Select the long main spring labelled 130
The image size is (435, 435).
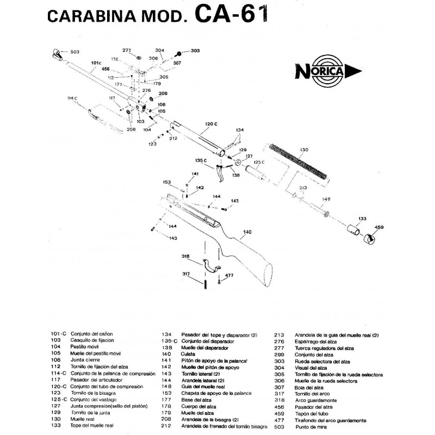pyautogui.click(x=300, y=160)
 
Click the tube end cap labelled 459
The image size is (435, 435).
pyautogui.click(x=370, y=238)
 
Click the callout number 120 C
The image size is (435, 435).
pyautogui.click(x=211, y=125)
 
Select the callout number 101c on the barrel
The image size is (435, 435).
pyautogui.click(x=96, y=64)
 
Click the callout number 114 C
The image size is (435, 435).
pyautogui.click(x=72, y=98)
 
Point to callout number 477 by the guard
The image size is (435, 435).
pyautogui.click(x=229, y=276)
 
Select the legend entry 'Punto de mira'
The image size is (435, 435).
pyautogui.click(x=310, y=427)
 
